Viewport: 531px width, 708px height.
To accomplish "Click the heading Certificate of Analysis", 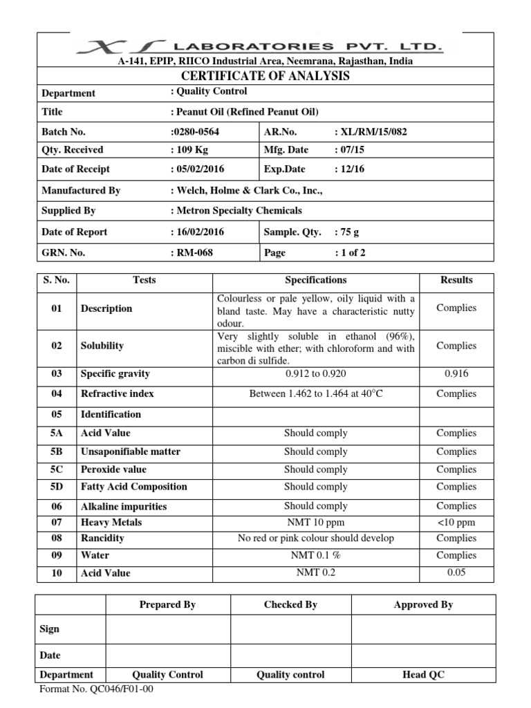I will pos(265,76).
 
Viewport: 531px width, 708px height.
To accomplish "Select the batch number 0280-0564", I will pos(197,131).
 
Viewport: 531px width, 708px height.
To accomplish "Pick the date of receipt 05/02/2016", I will pos(198,169).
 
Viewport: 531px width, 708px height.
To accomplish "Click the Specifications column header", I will pos(316,280).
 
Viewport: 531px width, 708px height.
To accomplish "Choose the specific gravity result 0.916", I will pos(456,374).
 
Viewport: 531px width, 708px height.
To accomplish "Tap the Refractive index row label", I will pos(117,393).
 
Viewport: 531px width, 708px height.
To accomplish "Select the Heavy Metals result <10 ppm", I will pos(456,522).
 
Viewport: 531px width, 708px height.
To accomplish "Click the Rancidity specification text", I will pos(316,538).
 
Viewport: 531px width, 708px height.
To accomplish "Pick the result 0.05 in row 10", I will pos(456,572).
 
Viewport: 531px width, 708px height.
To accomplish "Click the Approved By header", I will pos(423,604).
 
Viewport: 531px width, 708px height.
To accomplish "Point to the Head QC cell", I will pos(423,674).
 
